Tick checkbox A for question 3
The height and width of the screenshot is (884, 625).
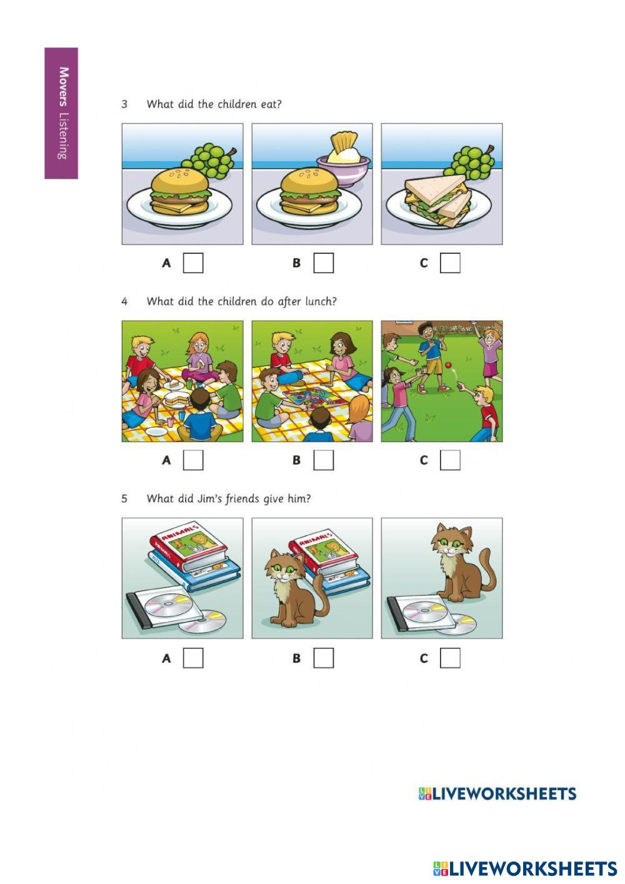[x=193, y=263]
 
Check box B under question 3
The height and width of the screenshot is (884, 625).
[x=324, y=263]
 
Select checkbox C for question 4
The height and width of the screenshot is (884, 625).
[x=450, y=460]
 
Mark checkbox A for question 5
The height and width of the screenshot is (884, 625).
[x=193, y=658]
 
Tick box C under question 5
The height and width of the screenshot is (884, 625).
[x=450, y=658]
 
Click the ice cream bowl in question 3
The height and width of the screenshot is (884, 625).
[x=343, y=168]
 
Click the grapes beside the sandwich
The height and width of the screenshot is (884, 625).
[x=469, y=162]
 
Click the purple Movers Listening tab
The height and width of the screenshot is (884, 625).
[x=61, y=113]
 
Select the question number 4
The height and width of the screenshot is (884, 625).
[x=124, y=301]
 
